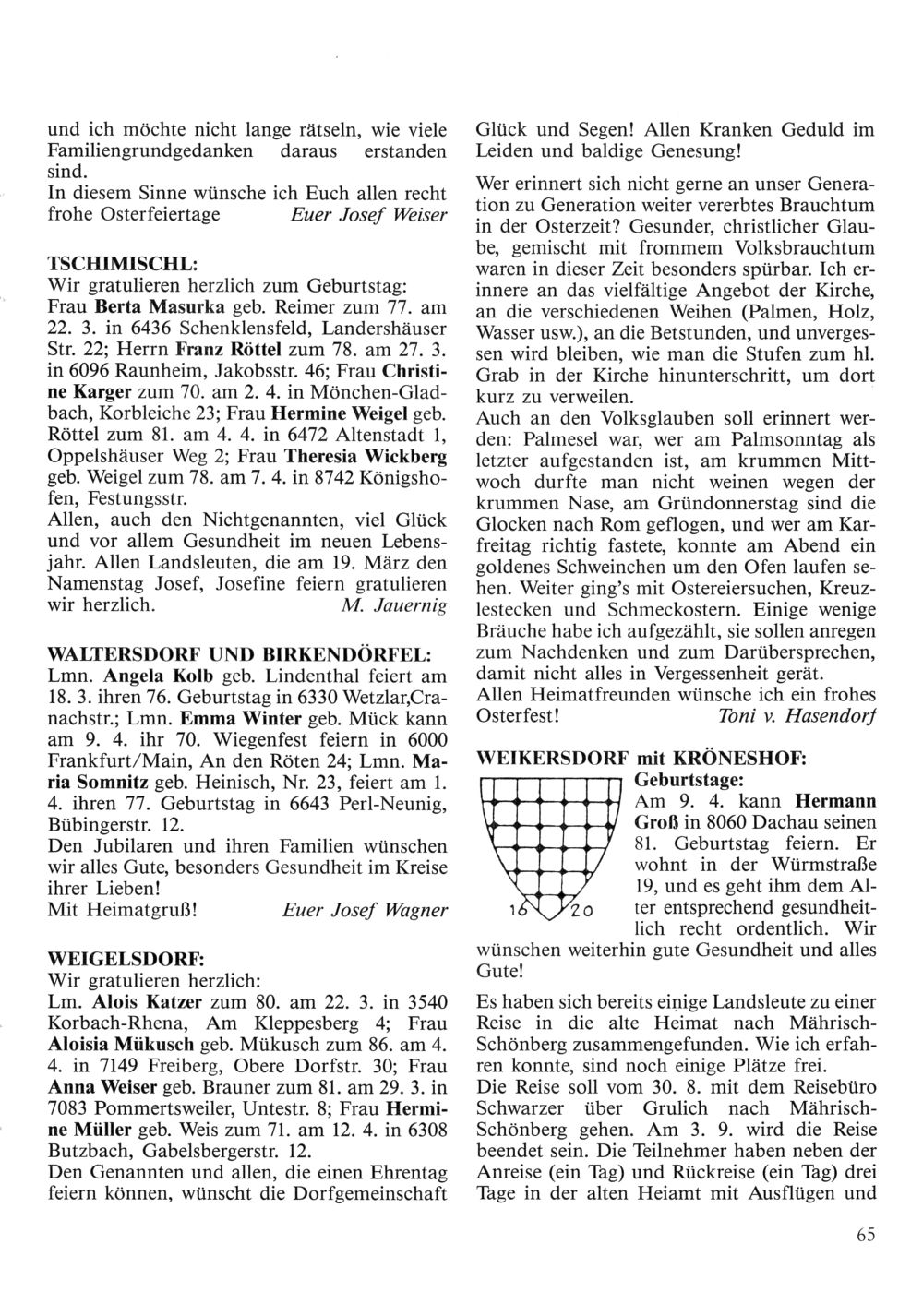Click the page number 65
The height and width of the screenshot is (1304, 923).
[x=864, y=1237]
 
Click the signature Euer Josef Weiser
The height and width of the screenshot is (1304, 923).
[x=368, y=215]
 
